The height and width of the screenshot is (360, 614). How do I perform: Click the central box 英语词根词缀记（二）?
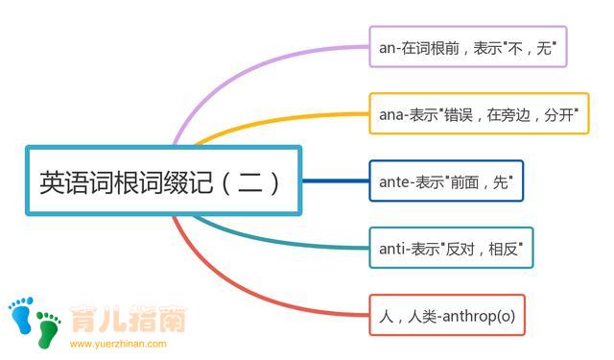click(x=163, y=180)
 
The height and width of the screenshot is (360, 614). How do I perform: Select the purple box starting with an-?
click(x=467, y=46)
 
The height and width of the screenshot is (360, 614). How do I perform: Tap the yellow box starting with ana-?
click(x=479, y=113)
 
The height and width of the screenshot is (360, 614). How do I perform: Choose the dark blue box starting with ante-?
click(x=446, y=180)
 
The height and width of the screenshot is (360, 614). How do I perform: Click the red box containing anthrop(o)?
click(x=447, y=315)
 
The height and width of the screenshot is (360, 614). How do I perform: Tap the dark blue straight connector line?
click(x=336, y=180)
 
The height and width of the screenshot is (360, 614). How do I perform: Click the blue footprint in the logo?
click(x=20, y=314)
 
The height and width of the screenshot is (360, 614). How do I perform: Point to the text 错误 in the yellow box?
click(x=463, y=113)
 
